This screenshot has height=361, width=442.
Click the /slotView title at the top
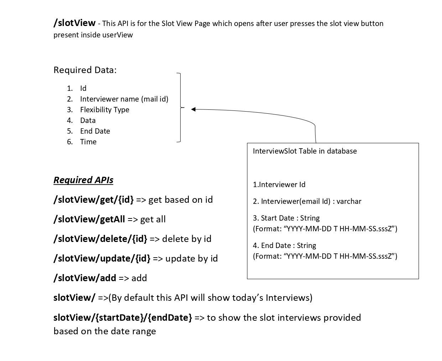point(74,23)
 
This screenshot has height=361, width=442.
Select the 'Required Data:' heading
point(85,70)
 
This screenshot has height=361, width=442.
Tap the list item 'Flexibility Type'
point(104,110)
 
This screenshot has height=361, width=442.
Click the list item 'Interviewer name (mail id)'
point(124,99)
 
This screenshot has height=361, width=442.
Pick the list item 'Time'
point(88,142)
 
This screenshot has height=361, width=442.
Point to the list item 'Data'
point(88,120)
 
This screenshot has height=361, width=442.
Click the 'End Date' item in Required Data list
point(95,131)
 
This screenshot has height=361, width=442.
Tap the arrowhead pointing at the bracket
point(193,109)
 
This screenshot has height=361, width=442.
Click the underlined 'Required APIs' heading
point(83,180)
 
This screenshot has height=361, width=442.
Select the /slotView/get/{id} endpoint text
point(94,200)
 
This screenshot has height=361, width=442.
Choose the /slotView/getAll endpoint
point(89,219)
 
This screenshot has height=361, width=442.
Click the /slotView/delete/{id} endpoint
point(100,239)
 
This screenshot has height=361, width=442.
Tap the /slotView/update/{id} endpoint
point(102,258)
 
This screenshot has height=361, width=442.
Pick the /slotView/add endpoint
point(85,278)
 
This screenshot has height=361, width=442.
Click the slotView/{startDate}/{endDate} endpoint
point(123,317)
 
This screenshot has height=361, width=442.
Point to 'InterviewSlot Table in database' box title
point(305,151)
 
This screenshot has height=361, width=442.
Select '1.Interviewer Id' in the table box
point(279,185)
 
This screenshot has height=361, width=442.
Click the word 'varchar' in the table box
point(349,201)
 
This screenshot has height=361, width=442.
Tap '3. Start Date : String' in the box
point(286,218)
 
